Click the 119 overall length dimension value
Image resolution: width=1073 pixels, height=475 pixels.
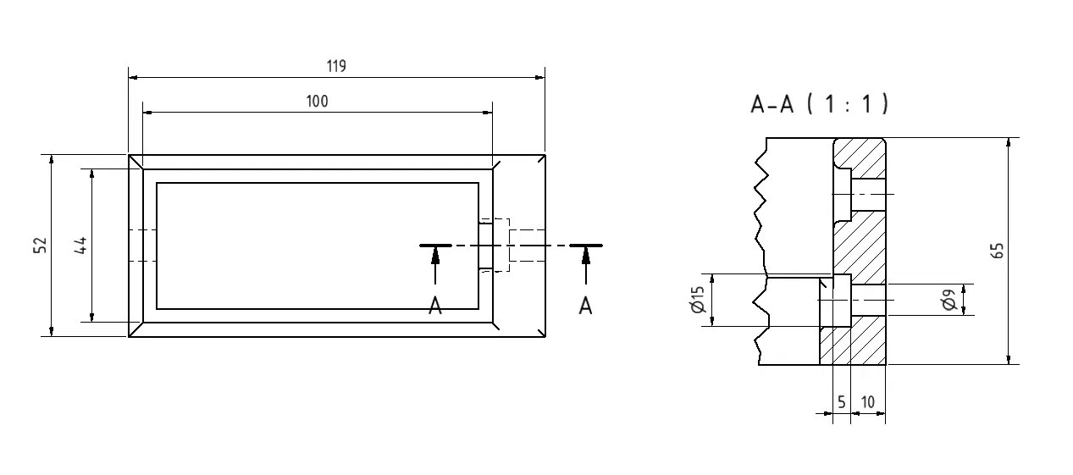point(336,67)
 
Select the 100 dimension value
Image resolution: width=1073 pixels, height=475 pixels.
point(317,102)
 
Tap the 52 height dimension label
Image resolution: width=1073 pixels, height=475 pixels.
point(39,246)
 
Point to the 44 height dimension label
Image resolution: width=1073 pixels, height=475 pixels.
point(80,246)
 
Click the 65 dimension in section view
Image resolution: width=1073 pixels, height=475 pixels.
point(998,251)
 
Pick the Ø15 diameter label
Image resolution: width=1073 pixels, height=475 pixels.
point(698,300)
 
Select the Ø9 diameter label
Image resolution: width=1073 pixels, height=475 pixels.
point(949,300)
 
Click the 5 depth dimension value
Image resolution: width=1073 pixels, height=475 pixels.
point(842,403)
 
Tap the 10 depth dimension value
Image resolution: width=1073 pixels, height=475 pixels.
point(867,403)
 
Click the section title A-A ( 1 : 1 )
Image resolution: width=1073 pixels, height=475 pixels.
point(819,104)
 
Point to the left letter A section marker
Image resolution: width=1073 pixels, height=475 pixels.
point(435,306)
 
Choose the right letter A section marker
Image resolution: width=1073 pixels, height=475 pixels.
point(585,306)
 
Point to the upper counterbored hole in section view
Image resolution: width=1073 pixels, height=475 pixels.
point(860,194)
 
